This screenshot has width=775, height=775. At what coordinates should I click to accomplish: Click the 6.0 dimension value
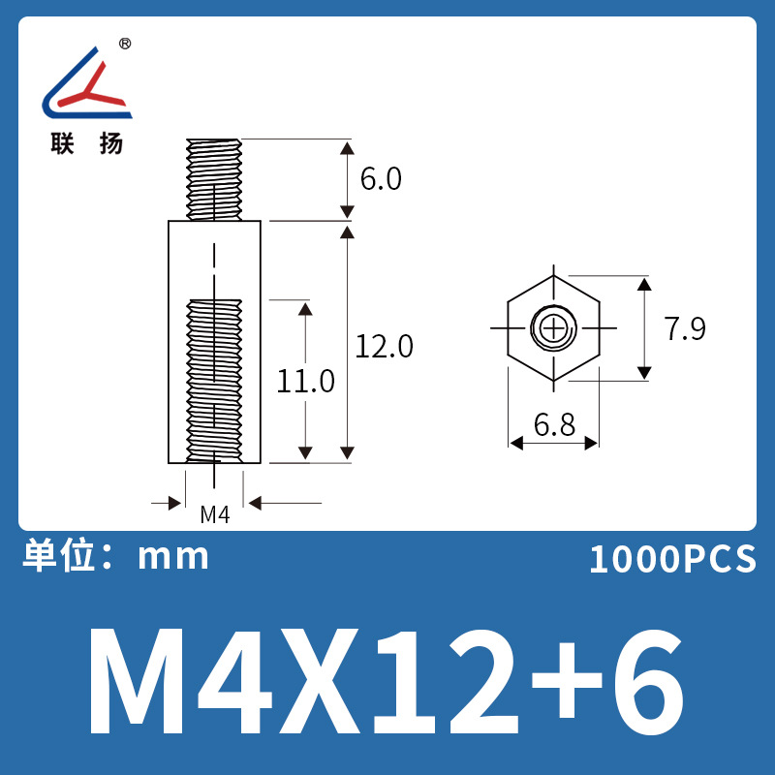(x=380, y=180)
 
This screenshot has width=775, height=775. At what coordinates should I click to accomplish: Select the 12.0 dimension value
(x=384, y=346)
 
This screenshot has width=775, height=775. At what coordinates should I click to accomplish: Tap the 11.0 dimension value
(x=305, y=381)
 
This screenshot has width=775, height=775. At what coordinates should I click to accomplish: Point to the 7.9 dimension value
(x=685, y=329)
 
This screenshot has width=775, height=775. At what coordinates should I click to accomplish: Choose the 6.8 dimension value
(x=553, y=423)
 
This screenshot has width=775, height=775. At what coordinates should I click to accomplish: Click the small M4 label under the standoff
(x=214, y=514)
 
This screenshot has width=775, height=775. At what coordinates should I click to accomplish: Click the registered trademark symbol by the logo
(x=125, y=45)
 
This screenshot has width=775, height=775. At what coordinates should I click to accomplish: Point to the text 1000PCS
(x=671, y=559)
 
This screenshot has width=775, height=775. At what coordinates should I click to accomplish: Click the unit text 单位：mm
(x=115, y=556)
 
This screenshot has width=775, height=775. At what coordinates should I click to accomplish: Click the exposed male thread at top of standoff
(x=214, y=178)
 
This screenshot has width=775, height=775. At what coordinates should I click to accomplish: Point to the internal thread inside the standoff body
(x=214, y=378)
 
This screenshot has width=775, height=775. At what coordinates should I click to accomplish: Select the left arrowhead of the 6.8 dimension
(x=516, y=443)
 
